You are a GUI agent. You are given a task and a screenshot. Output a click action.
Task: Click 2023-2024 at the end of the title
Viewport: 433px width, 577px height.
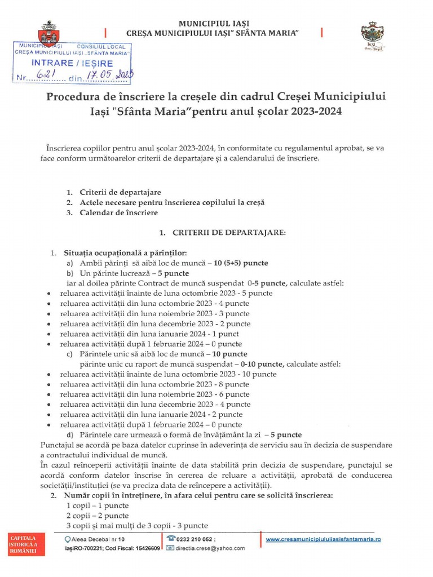coord(317,112)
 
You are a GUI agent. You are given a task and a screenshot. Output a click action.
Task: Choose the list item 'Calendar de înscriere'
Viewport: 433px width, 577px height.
coord(118,213)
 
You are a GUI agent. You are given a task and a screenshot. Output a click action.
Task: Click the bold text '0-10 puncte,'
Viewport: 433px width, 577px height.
coord(263,364)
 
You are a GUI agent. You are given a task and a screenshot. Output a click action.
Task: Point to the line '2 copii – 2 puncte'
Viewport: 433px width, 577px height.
coord(98,516)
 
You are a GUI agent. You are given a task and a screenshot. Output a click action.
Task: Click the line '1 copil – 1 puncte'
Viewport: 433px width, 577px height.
coord(98,505)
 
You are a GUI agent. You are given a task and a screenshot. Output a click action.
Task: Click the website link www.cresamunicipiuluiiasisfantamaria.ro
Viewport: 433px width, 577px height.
coord(323,539)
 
